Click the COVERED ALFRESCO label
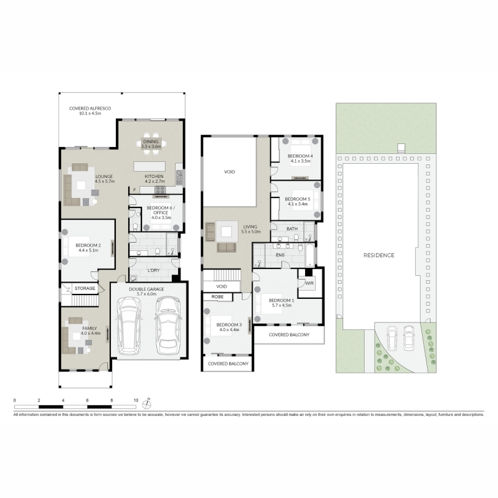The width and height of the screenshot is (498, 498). coord(90,108)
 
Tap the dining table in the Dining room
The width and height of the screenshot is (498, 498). coord(151,144)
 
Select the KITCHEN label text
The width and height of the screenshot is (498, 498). coord(154,176)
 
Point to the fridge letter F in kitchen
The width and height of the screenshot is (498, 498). coord(134,190)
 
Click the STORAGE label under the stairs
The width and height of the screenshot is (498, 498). coord(85,288)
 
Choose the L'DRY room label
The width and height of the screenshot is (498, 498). coord(153,270)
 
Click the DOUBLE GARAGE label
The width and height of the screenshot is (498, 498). coord(146,289)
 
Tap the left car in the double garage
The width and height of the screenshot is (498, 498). coord(129,326)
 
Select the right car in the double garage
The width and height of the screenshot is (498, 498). coord(168,326)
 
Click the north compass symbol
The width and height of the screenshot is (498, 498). coord(146,404)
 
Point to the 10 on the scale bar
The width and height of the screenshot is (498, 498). coord(136,400)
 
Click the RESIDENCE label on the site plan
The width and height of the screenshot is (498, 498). coord(379,255)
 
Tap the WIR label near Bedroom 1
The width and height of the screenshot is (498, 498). coord(309,283)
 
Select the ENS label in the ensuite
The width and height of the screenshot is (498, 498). coord(280,255)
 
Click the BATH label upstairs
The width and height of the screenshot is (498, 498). coord(292,228)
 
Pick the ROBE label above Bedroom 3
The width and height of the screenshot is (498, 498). coord(217,297)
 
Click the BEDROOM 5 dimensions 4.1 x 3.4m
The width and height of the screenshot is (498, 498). coord(298,204)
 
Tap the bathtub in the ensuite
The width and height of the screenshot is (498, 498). coord(310,255)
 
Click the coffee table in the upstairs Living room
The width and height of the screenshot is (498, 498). coord(227,232)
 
